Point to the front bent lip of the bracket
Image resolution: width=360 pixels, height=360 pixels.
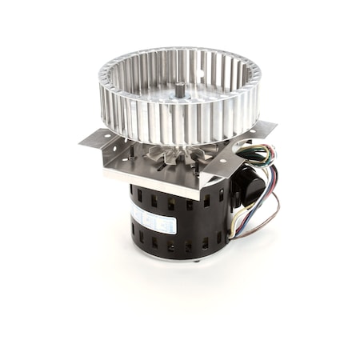pos(152,181)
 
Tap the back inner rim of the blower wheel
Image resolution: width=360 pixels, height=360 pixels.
pos(180,62)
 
